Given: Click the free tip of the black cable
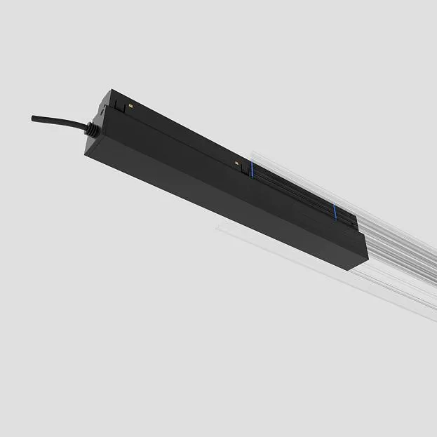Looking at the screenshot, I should coord(33,118).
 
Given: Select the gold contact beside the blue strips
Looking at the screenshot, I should coord(240,165).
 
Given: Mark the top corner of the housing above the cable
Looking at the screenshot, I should coord(109,90).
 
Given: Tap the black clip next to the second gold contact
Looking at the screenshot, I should coord(246,168).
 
